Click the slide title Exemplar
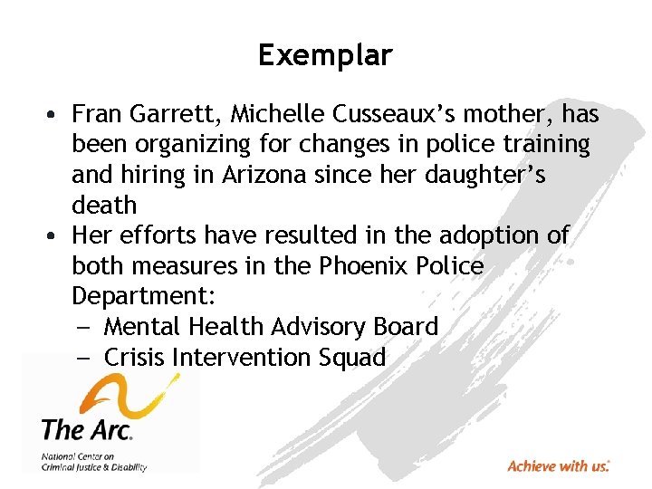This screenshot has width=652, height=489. point(325,56)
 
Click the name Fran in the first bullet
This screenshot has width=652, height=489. point(93,114)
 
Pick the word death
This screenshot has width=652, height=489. point(104,205)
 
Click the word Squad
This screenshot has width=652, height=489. point(353,358)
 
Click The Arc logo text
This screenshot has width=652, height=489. point(87,428)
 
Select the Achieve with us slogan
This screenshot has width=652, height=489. point(558,466)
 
